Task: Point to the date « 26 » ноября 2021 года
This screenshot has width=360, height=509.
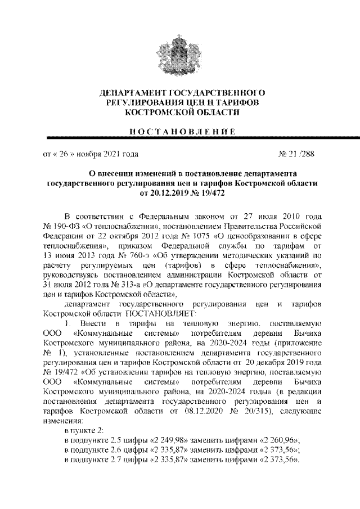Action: coord(87,152)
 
